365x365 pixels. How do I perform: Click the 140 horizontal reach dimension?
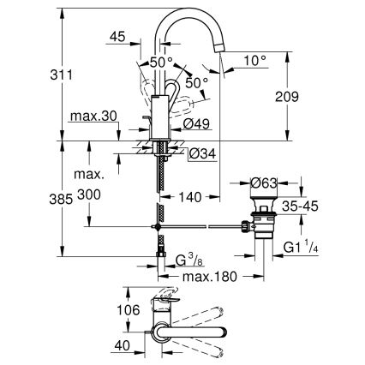point(191,197)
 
